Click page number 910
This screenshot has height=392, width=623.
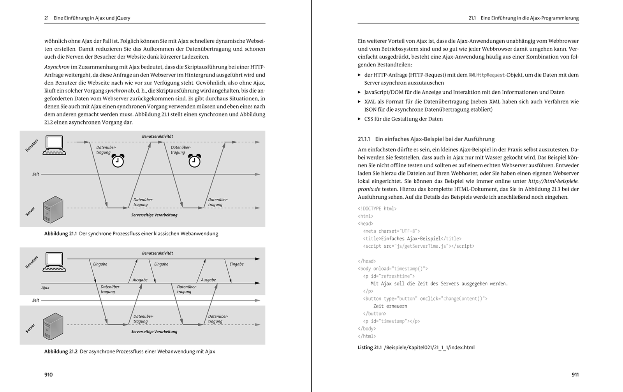[48, 374]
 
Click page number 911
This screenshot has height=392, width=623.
[575, 374]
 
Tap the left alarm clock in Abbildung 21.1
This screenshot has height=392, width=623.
[118, 161]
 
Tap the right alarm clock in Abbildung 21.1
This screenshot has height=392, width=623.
[194, 161]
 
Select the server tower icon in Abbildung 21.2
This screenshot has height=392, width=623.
[53, 326]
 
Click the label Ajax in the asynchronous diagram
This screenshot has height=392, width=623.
[45, 288]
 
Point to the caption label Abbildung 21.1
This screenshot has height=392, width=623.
[60, 234]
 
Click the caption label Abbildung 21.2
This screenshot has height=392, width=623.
[61, 352]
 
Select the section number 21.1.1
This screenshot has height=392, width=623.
[363, 139]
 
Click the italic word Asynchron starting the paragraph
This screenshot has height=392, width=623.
[56, 67]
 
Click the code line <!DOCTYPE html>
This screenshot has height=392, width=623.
[377, 208]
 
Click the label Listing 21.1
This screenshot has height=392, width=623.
[370, 348]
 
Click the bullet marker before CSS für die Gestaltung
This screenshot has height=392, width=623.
[359, 119]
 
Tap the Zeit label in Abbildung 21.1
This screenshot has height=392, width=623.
[35, 174]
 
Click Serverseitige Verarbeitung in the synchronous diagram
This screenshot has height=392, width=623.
[154, 215]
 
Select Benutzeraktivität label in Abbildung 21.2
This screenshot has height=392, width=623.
[157, 253]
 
